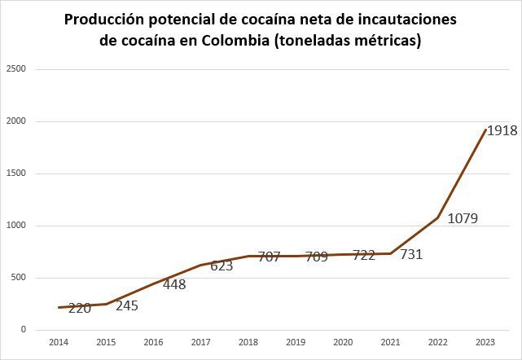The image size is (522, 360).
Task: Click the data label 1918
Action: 502,130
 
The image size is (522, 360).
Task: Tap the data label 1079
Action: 462,218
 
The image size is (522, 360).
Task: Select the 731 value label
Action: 411,255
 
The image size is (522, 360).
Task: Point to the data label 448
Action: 174,284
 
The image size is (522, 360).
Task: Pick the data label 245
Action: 127,306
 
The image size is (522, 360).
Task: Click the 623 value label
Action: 222,266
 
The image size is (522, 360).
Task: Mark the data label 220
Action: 79,309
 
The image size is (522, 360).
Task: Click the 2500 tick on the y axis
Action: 18,69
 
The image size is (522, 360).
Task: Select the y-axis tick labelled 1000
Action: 18,226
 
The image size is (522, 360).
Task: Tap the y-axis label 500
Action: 20,278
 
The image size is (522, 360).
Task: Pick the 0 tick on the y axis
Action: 24,330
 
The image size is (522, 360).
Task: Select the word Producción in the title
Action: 107,19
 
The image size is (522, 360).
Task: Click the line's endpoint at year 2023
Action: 485,130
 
